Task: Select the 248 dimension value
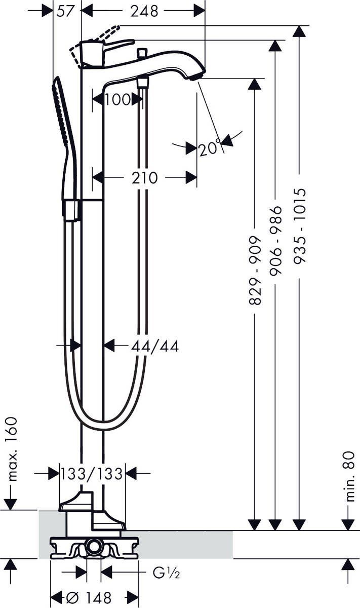click(144, 11)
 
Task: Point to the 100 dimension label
click(117, 99)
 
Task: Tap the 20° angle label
click(210, 148)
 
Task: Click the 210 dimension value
click(144, 178)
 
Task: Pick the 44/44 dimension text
click(155, 346)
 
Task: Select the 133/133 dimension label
click(92, 474)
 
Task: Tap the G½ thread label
click(167, 573)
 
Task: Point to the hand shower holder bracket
click(71, 209)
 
